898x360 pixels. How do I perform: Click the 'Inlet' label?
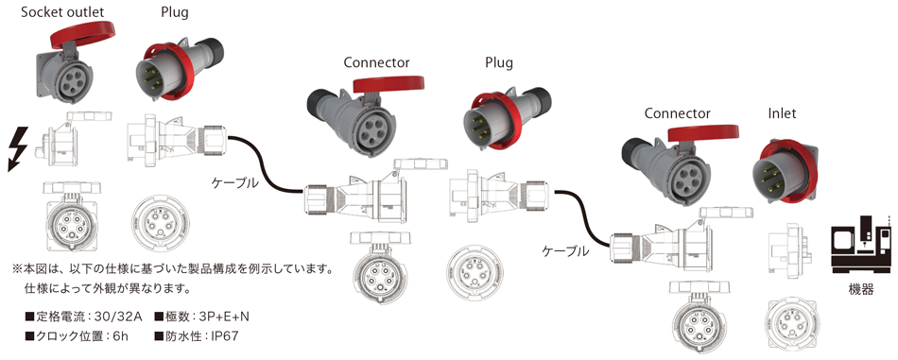click(x=782, y=113)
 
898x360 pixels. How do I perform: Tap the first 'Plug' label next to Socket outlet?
click(x=174, y=13)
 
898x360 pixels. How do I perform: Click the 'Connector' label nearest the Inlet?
click(x=677, y=113)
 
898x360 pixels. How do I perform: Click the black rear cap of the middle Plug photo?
click(x=541, y=101)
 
